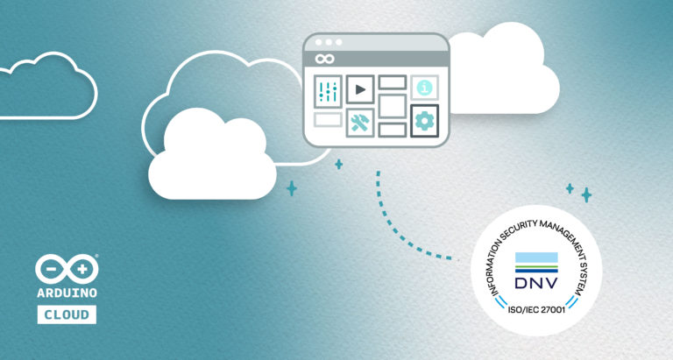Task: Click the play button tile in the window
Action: (x=360, y=89)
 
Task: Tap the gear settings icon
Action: (x=424, y=121)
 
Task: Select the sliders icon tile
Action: (x=328, y=91)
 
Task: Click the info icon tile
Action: (x=424, y=88)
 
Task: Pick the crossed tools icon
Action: (x=360, y=123)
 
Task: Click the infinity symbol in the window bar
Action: (x=324, y=59)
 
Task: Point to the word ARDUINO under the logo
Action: (x=67, y=293)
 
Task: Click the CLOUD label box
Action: (x=67, y=314)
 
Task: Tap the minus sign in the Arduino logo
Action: (x=51, y=270)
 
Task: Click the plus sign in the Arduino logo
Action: (x=82, y=269)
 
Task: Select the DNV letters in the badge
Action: (x=536, y=283)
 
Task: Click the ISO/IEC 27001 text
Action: (x=536, y=310)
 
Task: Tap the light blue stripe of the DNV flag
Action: (x=536, y=258)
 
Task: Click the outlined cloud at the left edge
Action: (x=48, y=85)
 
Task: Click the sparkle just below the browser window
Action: (x=338, y=165)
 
